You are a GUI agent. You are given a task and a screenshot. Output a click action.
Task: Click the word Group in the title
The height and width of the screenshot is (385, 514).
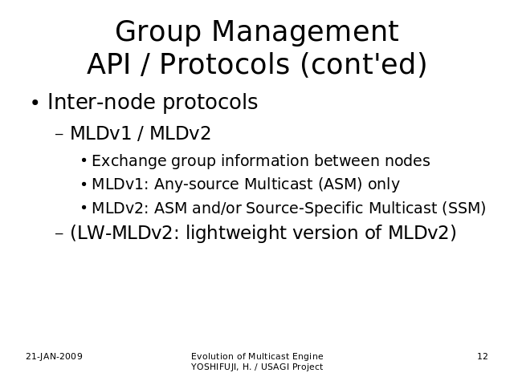158,32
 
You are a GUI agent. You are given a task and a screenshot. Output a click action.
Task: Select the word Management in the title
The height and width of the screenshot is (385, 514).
305,32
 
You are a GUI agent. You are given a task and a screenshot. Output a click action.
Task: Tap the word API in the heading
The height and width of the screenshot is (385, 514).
108,64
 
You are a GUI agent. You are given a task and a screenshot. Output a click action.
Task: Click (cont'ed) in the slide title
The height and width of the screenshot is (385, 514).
364,64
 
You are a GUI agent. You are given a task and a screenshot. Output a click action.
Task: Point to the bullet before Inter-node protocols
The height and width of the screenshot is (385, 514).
35,103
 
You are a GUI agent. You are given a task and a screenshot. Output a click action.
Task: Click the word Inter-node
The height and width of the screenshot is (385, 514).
102,102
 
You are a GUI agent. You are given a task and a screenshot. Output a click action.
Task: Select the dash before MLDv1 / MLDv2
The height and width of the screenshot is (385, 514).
59,134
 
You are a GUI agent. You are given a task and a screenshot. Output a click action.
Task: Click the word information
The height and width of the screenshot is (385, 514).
265,160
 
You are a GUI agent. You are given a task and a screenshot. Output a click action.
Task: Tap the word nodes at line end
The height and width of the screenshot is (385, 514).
405,160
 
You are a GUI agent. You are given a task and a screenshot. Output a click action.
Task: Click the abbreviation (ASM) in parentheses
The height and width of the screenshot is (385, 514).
341,184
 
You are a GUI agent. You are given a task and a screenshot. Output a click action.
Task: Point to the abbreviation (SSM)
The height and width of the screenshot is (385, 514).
464,209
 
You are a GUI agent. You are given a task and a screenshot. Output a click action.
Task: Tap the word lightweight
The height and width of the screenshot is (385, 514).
236,233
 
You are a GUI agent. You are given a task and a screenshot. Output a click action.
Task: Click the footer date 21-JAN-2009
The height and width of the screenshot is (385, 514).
54,356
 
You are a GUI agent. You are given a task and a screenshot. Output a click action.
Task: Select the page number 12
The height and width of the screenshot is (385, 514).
483,356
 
